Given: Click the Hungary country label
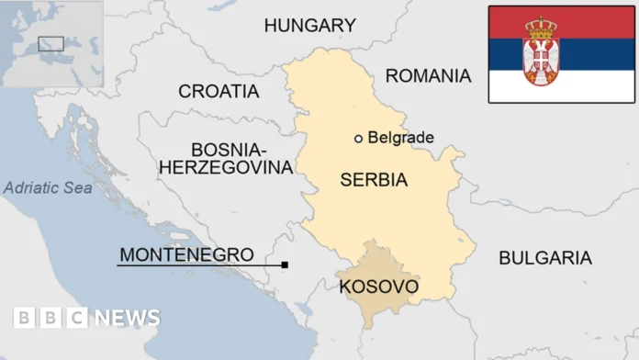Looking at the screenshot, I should tap(309, 26).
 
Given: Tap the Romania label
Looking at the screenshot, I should tap(428, 75).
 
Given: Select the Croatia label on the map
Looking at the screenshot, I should tap(219, 91).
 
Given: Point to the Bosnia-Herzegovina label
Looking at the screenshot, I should tap(227, 159).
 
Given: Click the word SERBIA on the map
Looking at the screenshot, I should tap(373, 180).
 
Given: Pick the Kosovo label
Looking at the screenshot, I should tap(378, 287).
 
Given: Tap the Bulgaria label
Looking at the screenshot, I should tap(544, 258).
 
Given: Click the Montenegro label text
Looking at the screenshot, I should tap(186, 254).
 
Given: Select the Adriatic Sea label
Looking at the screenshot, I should tap(47, 188).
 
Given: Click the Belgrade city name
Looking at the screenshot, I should tap(400, 138).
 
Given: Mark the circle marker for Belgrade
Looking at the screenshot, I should tap(358, 139).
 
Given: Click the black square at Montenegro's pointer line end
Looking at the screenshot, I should tap(285, 265).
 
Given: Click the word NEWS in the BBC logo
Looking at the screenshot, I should tap(127, 318).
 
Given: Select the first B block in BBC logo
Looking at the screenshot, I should tap(24, 318).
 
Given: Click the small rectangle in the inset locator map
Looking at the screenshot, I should tap(50, 43).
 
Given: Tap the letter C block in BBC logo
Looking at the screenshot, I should tap(77, 318).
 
